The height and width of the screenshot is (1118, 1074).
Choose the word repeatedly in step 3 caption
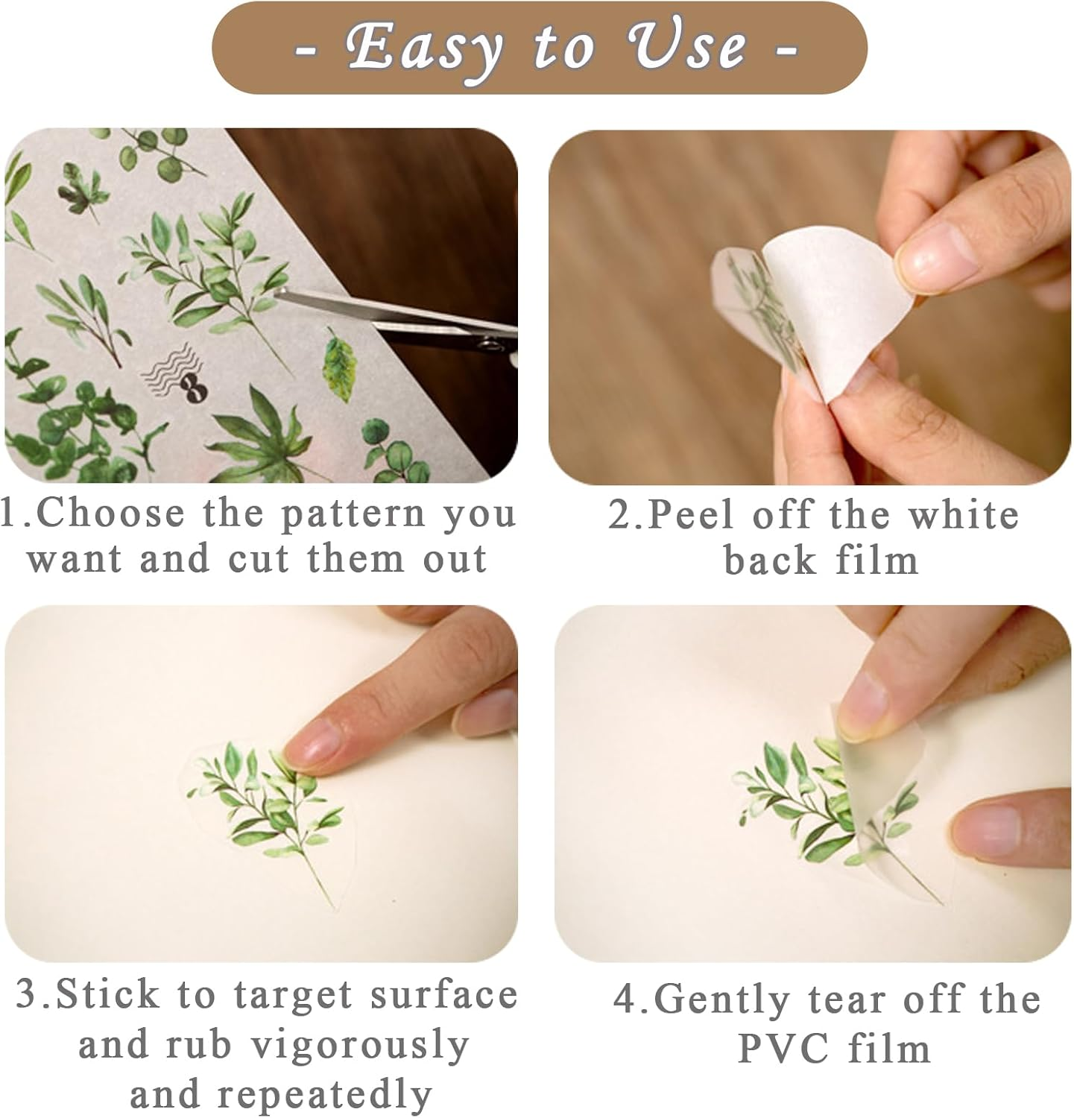click(325, 1094)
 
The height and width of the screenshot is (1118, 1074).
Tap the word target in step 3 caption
click(280, 996)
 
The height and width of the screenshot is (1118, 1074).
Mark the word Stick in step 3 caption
click(108, 996)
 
